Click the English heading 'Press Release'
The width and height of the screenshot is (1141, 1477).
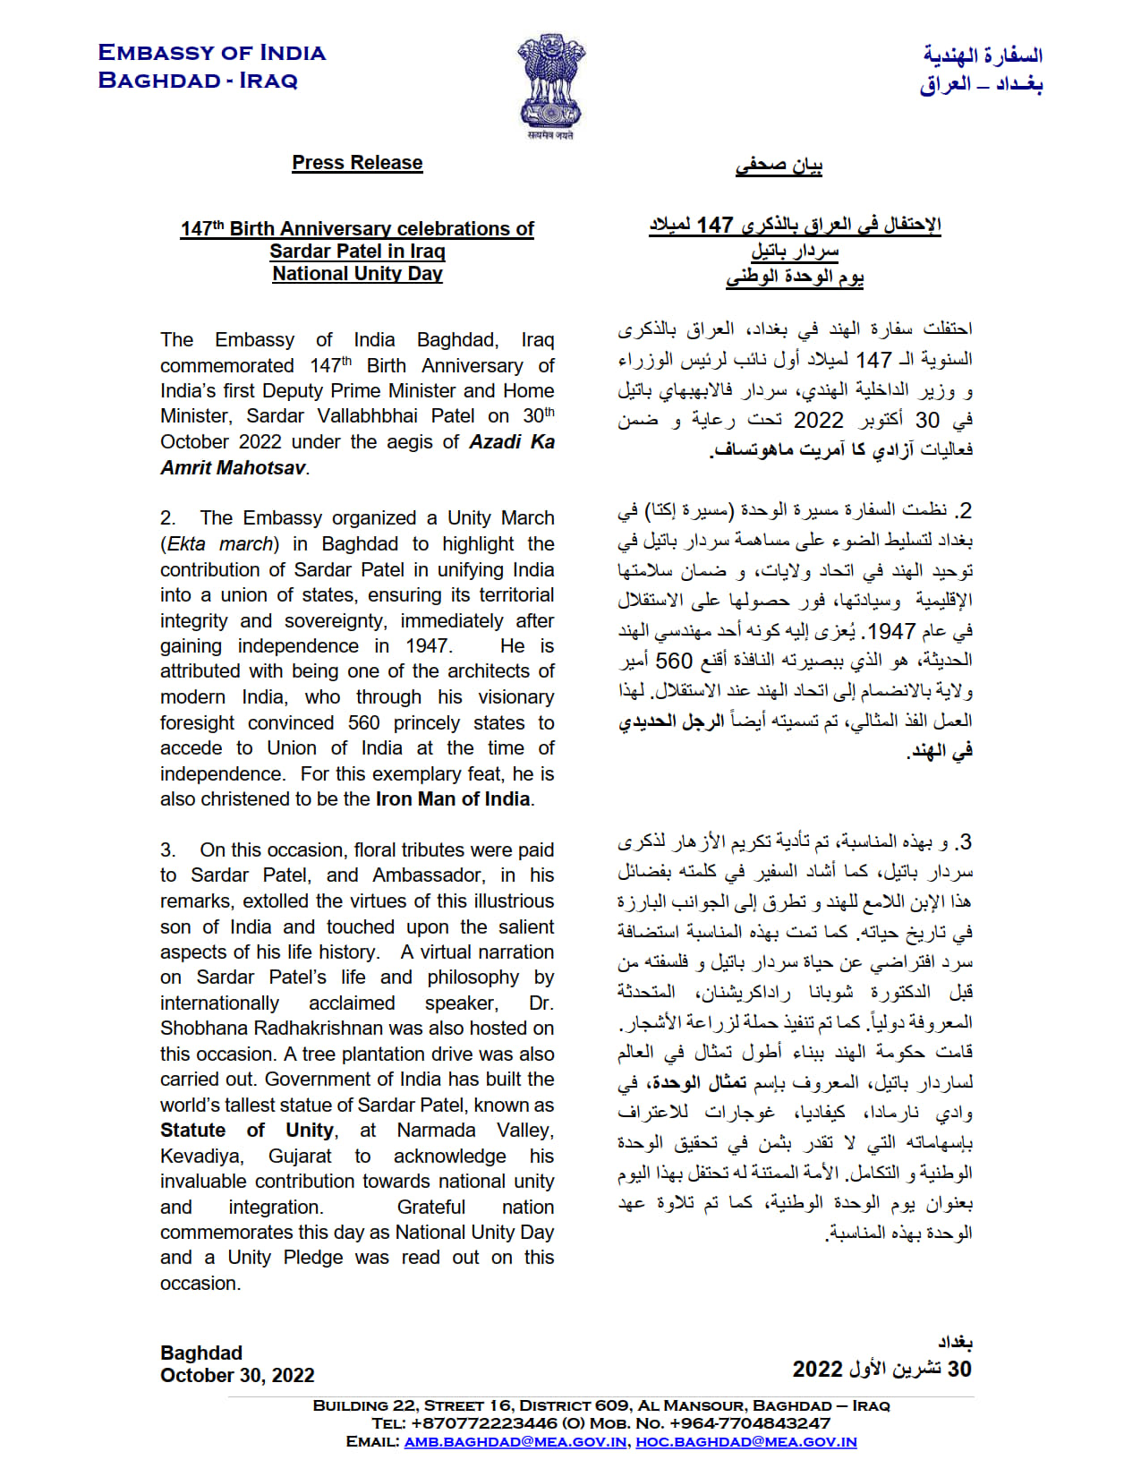(357, 163)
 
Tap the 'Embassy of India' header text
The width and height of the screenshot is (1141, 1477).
(212, 53)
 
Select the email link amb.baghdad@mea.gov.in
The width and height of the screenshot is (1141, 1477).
(515, 1442)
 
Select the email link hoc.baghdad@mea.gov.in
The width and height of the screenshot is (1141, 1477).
(745, 1442)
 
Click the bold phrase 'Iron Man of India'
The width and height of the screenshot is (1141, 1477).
(453, 799)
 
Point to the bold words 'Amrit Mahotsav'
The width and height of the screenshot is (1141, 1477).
(233, 467)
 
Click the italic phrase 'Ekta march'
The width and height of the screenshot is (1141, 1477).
(220, 544)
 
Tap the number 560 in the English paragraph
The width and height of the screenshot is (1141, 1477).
(364, 723)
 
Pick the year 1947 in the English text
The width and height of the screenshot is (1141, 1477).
(427, 646)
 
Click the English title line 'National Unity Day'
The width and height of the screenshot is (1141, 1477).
(357, 274)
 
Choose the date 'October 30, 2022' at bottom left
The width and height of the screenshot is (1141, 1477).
(237, 1376)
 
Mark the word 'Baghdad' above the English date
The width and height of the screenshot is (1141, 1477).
(201, 1353)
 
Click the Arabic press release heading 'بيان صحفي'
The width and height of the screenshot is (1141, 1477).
(779, 166)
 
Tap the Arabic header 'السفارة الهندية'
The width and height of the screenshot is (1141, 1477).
(983, 55)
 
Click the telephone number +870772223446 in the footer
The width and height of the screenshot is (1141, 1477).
(481, 1423)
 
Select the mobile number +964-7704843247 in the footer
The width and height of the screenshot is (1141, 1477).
(744, 1423)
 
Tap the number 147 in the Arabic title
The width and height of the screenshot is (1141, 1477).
(715, 226)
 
